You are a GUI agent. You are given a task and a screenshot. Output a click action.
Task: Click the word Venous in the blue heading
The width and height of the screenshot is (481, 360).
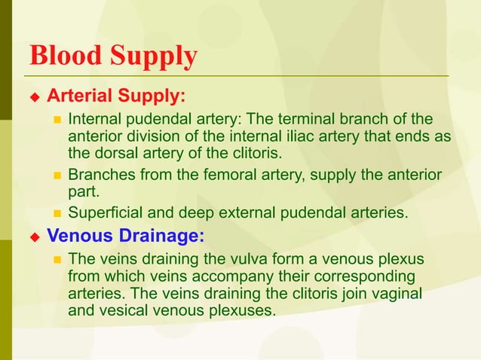tap(78, 236)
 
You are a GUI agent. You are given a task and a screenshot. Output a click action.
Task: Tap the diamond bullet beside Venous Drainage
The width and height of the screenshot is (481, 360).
tap(33, 236)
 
